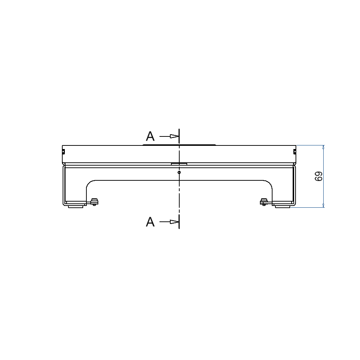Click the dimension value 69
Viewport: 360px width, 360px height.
[319, 176]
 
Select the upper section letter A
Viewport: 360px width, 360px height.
[150, 136]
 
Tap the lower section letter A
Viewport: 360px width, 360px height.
[150, 222]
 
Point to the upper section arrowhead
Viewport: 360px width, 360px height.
[174, 136]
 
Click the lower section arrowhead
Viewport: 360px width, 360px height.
[174, 222]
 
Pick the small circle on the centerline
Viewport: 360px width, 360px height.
[179, 172]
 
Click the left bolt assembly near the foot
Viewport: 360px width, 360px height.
[94, 202]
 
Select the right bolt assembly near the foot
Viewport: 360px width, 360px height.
[264, 202]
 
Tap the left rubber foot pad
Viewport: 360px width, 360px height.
[76, 207]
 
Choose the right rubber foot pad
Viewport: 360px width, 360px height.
[283, 207]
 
